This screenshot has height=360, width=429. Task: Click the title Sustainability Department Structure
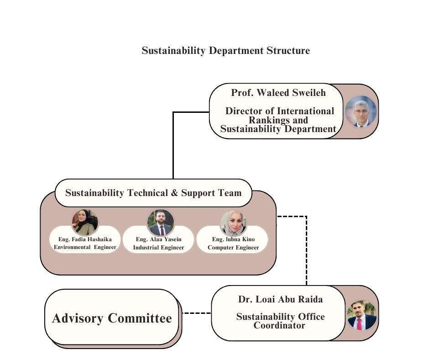225,51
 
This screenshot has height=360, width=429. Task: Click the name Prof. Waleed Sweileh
278,93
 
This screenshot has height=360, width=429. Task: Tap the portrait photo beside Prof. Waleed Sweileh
361,111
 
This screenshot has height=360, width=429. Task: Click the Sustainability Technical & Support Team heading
153,193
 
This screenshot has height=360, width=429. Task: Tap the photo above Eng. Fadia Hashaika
84,222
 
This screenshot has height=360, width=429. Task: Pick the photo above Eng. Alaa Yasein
160,222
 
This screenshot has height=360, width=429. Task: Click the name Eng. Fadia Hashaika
85,239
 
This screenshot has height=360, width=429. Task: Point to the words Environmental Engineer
85,248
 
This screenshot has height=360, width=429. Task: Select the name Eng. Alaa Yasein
158,239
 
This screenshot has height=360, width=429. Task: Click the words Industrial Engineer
158,248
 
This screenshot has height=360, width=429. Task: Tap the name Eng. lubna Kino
233,239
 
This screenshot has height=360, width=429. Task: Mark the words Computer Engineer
233,248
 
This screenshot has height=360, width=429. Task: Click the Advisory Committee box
112,318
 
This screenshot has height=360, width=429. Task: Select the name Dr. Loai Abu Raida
280,300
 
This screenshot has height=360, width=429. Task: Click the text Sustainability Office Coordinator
280,321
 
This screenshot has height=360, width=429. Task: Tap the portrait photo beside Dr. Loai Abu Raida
362,315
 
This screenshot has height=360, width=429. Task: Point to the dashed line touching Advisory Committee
196,313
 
